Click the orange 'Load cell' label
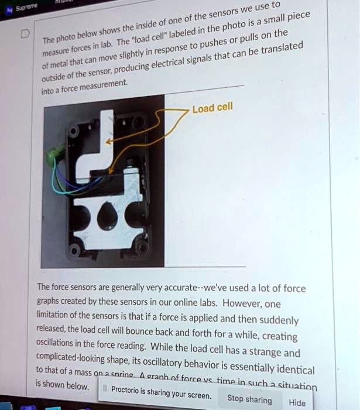point(212,107)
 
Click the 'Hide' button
point(297,402)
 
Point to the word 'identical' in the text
point(291,370)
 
